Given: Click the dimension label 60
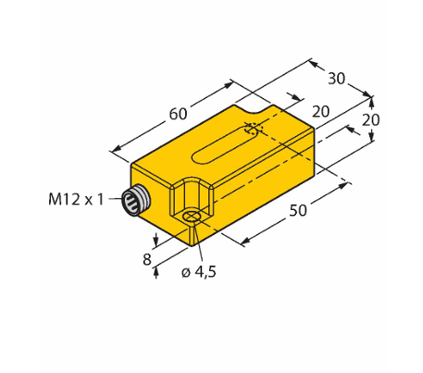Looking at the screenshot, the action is [x=178, y=114].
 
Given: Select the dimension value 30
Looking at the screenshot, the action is [x=336, y=79].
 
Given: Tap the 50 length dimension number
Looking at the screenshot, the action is [x=298, y=210].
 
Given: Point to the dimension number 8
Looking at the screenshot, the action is [x=147, y=259].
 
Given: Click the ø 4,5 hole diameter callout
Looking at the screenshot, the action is [x=199, y=272].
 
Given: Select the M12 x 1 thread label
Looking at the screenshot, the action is [x=76, y=199].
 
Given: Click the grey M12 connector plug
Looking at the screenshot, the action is [x=136, y=201].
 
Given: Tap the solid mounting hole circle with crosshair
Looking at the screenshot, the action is [x=192, y=217].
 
